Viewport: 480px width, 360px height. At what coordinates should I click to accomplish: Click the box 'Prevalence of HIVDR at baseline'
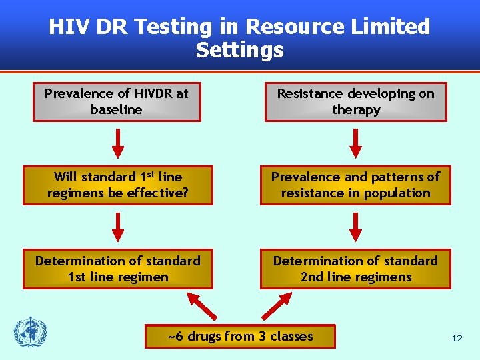(117, 102)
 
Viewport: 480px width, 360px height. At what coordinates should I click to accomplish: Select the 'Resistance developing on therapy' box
(355, 102)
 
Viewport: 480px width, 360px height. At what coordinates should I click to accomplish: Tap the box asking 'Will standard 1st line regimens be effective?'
(117, 185)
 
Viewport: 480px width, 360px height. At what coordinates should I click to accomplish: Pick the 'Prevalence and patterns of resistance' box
(355, 185)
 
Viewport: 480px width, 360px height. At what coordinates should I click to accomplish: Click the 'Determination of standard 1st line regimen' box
(117, 269)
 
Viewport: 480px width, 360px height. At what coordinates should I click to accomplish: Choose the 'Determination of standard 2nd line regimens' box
(355, 269)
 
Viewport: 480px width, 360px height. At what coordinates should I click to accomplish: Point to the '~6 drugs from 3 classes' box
(240, 337)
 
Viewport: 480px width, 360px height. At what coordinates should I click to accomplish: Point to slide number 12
(457, 339)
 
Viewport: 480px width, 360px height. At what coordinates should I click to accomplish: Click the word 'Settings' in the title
(239, 50)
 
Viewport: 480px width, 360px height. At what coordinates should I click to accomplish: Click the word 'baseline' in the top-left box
(117, 110)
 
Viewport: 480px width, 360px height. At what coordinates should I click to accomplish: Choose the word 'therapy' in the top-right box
(356, 110)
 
